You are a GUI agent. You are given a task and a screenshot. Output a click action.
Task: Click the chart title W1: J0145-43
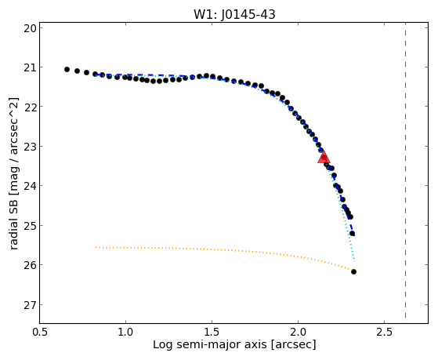click(x=234, y=15)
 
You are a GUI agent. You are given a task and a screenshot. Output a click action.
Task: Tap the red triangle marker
click(x=324, y=158)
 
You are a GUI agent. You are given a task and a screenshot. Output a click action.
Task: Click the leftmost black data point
click(x=67, y=69)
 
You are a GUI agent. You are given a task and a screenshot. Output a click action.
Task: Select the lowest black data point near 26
click(x=353, y=271)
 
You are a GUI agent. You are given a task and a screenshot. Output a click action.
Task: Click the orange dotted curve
click(x=223, y=251)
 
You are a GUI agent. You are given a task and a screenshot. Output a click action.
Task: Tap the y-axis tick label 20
click(x=30, y=28)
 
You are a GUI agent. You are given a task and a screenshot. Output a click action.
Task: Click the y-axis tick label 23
click(x=30, y=147)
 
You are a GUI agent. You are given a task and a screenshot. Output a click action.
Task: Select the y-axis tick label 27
click(x=30, y=304)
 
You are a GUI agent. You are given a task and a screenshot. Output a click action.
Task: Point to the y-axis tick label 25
click(x=30, y=225)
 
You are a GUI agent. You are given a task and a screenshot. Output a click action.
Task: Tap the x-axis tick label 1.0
click(x=125, y=332)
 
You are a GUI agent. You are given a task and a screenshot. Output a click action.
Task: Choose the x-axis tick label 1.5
click(x=212, y=332)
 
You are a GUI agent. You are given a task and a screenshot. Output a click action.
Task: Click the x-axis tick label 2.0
click(x=298, y=332)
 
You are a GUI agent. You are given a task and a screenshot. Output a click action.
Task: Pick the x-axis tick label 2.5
click(x=385, y=332)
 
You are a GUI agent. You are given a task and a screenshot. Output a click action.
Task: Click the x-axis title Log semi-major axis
click(x=210, y=345)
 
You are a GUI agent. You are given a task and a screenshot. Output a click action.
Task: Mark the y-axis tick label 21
click(x=30, y=67)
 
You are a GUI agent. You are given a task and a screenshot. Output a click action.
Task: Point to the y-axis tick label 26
click(x=30, y=265)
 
